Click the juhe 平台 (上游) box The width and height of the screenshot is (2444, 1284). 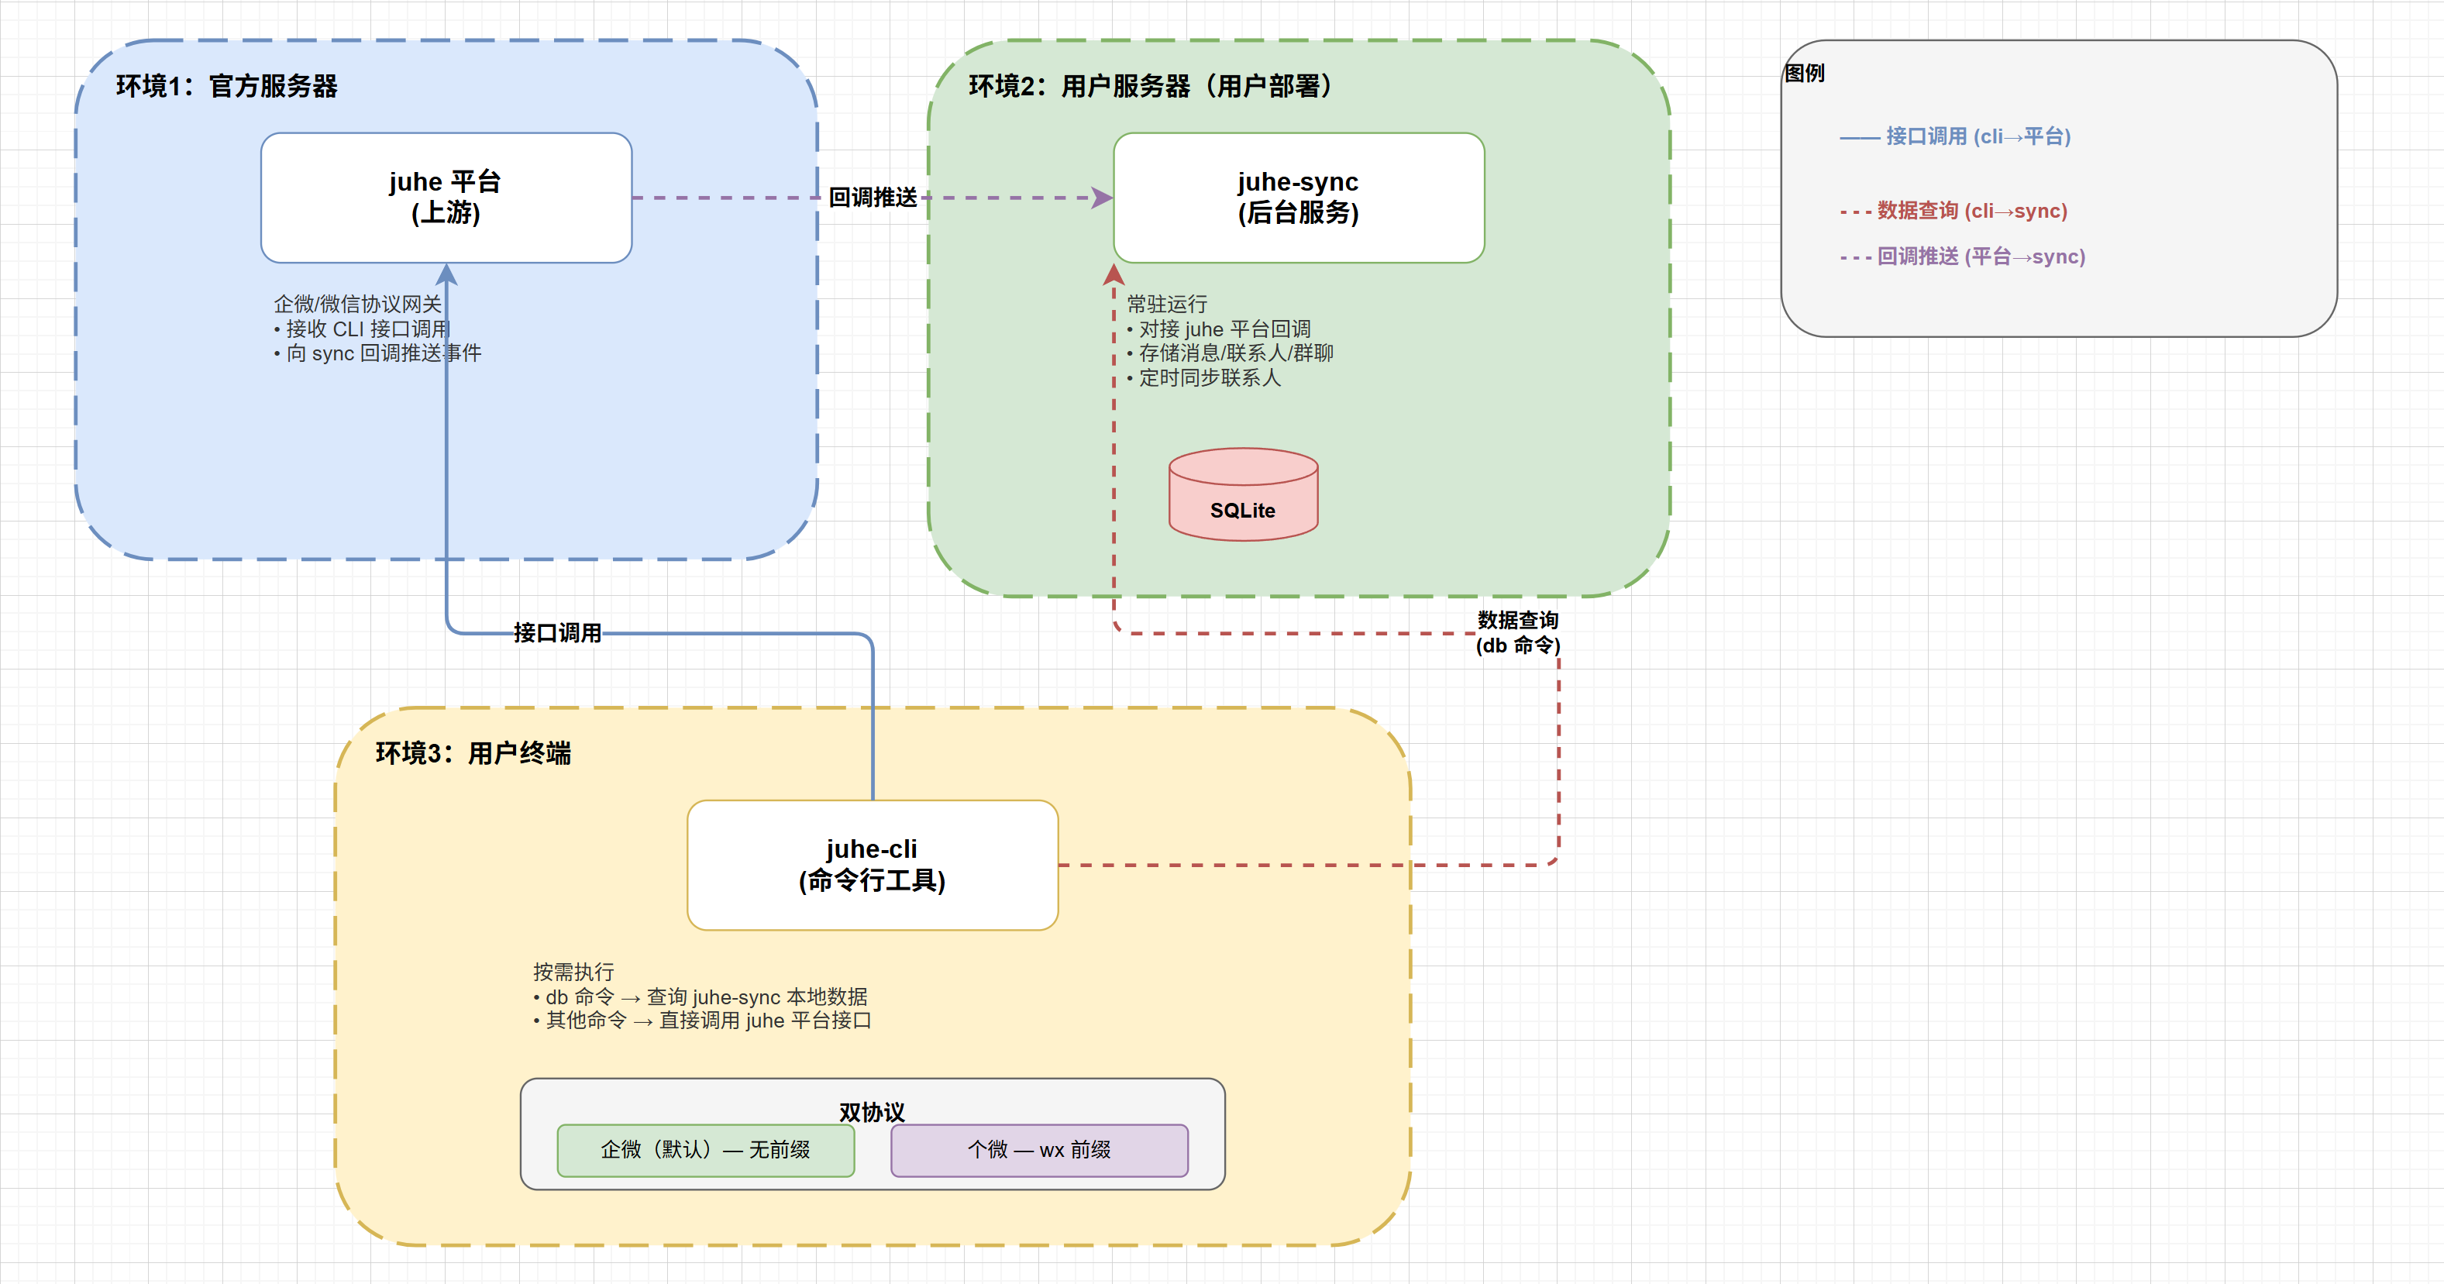[446, 198]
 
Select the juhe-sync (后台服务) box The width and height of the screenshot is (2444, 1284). [1298, 198]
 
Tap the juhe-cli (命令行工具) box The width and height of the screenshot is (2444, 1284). [872, 865]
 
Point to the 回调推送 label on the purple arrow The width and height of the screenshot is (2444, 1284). [873, 198]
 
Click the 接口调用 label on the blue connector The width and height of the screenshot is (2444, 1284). [558, 633]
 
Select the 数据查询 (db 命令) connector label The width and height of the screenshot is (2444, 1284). [1517, 633]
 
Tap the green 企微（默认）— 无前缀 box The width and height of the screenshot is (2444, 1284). [705, 1150]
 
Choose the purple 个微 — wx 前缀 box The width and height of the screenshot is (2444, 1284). [1039, 1150]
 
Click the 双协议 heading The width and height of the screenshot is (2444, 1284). [872, 1111]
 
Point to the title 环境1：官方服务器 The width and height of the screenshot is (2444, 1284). [227, 86]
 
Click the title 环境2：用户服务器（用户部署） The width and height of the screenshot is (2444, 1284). [1150, 86]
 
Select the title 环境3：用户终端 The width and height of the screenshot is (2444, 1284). [473, 753]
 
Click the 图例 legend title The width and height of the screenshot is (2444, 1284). [1805, 73]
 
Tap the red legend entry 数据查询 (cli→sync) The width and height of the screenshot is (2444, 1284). [1971, 211]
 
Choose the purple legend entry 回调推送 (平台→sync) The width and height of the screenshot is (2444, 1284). [1981, 256]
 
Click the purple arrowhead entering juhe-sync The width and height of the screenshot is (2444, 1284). [1102, 198]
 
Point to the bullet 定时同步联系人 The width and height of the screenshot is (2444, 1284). [1210, 377]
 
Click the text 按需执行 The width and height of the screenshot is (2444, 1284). [573, 972]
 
